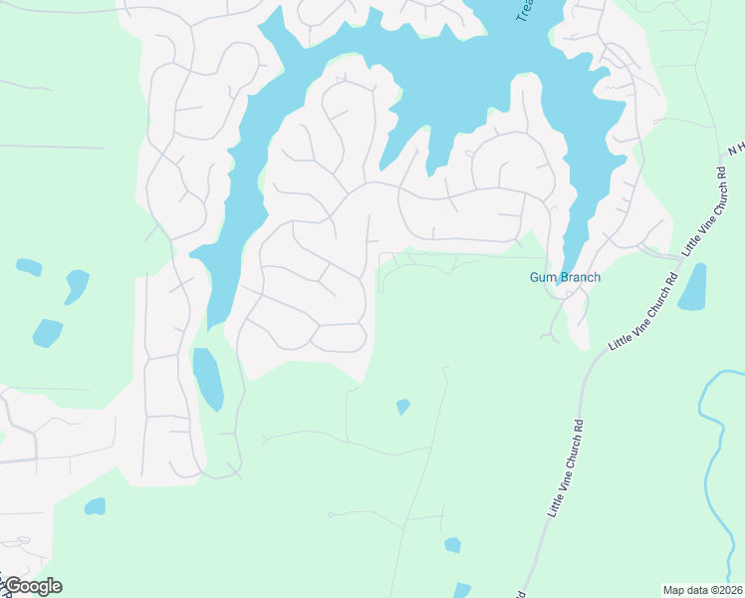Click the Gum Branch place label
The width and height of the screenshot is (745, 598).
[x=565, y=277]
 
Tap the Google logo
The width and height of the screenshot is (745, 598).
[x=32, y=586]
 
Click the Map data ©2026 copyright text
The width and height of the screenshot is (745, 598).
[x=702, y=590]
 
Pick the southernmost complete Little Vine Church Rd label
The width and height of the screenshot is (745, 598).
[x=563, y=468]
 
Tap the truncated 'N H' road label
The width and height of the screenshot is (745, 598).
[x=735, y=148]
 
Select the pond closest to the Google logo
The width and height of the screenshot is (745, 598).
[x=95, y=506]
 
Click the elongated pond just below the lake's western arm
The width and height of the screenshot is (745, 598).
[x=208, y=379]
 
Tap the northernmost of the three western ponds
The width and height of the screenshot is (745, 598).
[x=29, y=267]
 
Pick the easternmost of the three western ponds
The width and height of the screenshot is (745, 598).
[x=76, y=285]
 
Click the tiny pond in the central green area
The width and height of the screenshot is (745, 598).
[x=402, y=407]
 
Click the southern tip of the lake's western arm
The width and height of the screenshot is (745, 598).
[x=212, y=321]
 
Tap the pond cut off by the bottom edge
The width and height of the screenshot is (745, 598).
[x=461, y=590]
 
